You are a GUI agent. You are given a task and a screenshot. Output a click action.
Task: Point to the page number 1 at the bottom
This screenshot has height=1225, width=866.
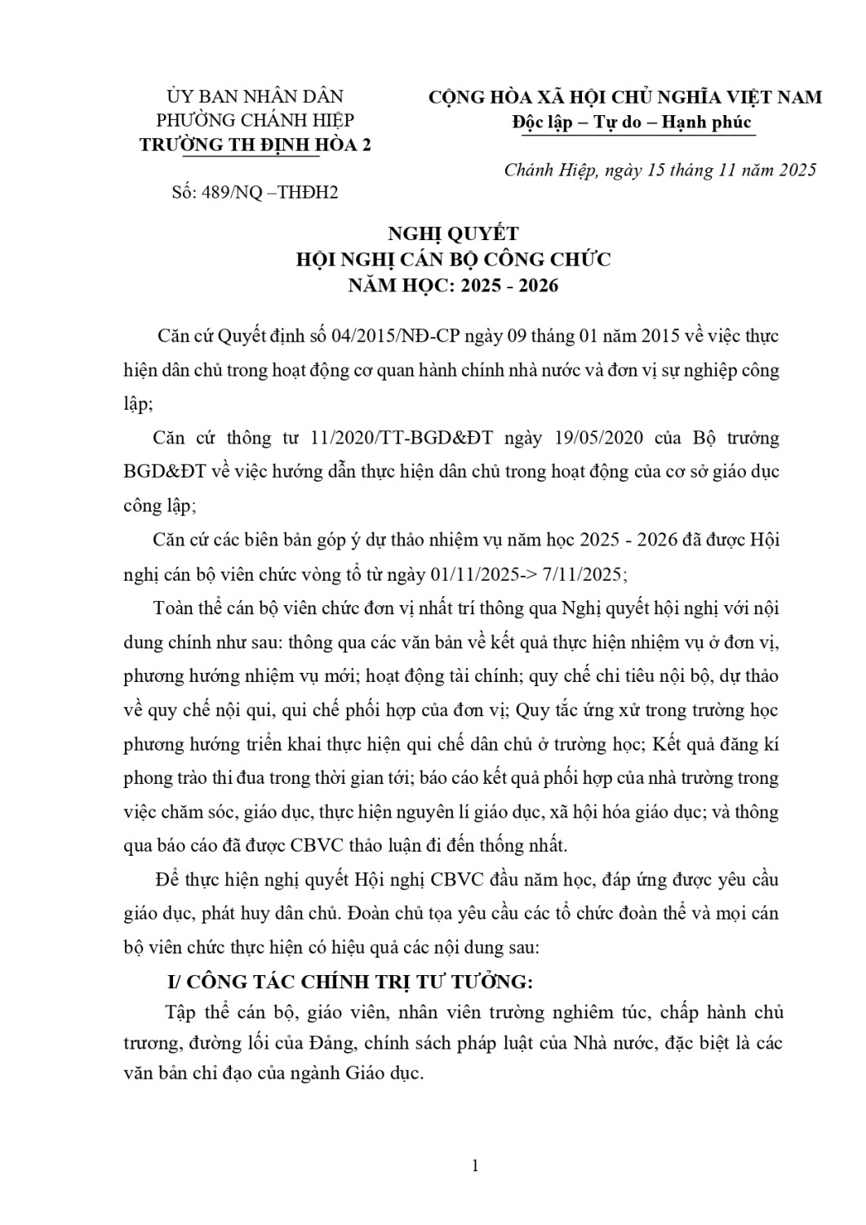click(474, 1166)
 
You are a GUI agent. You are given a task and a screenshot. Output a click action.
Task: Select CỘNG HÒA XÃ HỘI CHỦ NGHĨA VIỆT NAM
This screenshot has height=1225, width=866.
click(625, 97)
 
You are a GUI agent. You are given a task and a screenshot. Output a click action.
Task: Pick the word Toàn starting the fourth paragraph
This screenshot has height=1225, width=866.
click(173, 608)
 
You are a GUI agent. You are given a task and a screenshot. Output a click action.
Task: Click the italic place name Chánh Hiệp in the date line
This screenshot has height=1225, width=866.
click(551, 170)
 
